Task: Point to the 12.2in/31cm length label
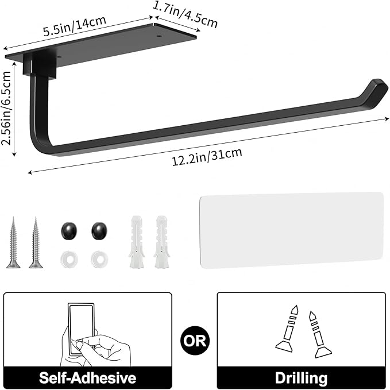[207, 156]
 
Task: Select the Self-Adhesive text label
[87, 377]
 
